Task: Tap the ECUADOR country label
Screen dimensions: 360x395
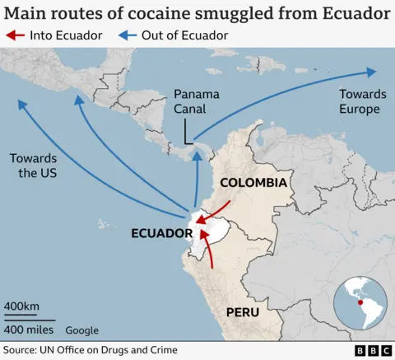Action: coord(161,233)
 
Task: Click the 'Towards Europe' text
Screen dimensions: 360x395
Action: coord(359,102)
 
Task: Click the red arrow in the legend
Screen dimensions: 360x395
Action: coord(15,35)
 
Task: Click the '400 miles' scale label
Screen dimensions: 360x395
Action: coord(29,330)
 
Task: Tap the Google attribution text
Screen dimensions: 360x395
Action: coord(81,330)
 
